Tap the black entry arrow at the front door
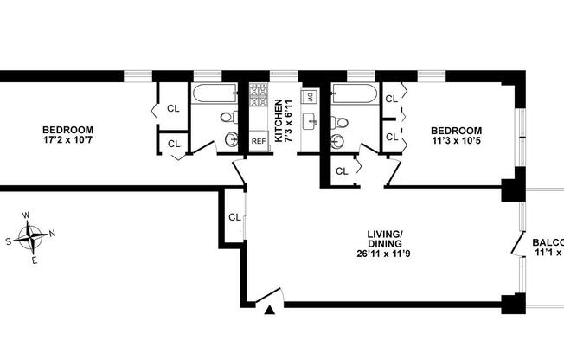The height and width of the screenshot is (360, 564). (271, 310)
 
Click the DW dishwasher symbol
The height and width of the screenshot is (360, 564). (308, 97)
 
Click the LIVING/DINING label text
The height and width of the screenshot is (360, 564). (386, 239)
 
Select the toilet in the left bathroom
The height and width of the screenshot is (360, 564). (227, 117)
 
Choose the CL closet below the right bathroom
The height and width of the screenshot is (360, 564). (341, 170)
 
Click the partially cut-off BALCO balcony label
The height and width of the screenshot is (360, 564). (547, 241)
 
